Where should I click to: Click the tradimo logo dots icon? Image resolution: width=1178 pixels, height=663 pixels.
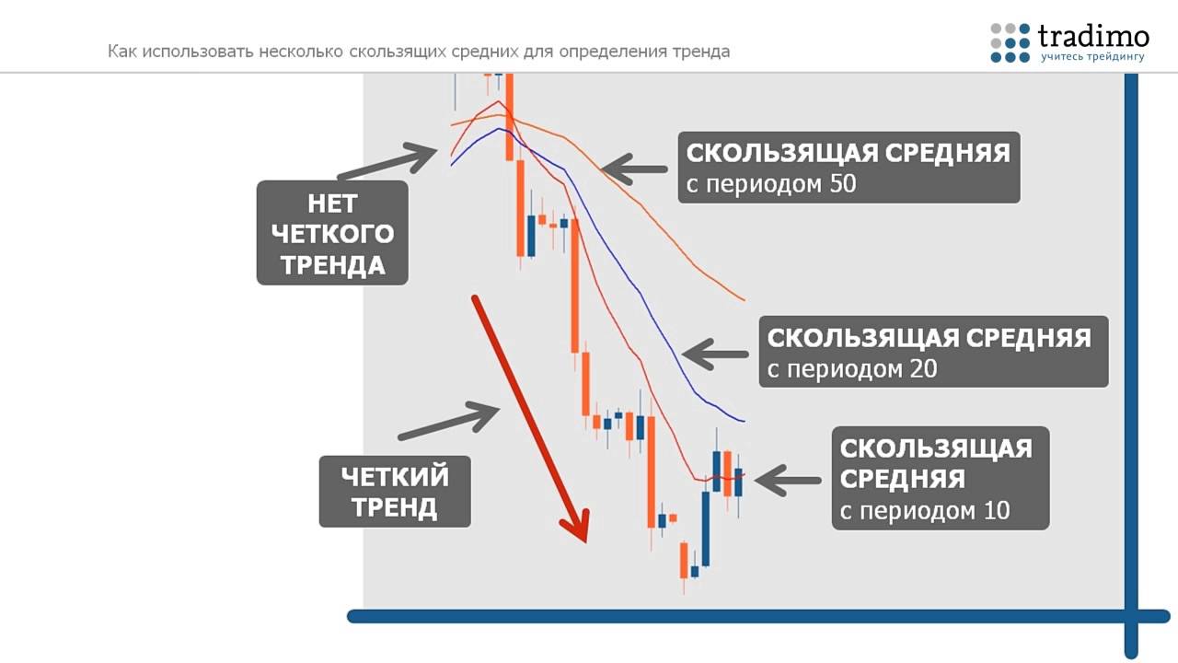coord(1010,42)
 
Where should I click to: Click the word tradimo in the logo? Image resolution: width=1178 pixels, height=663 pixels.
coord(1093,36)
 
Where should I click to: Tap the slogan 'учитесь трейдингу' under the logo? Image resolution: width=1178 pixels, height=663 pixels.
coord(1093,58)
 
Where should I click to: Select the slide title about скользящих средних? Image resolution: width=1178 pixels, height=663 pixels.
coord(419,52)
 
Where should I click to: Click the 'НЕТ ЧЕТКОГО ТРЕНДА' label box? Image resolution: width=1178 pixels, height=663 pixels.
coord(332,232)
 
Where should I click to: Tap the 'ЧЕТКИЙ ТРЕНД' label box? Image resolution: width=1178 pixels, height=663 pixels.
coord(395,492)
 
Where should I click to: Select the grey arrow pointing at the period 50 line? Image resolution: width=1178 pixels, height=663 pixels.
coord(634,169)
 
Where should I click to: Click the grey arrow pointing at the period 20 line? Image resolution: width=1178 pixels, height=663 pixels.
coord(716,354)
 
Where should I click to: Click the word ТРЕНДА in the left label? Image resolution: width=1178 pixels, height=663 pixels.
coord(332,265)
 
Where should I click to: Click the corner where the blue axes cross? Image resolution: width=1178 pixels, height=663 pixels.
coord(1131,616)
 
